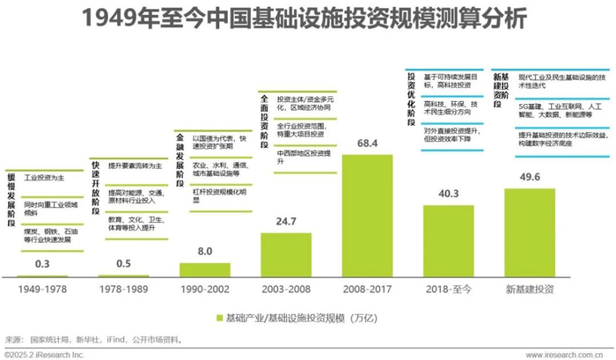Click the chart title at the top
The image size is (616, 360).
click(x=307, y=19)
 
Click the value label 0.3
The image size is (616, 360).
click(x=41, y=264)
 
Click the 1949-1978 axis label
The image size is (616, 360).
click(x=41, y=289)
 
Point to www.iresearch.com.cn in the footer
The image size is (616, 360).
click(x=565, y=354)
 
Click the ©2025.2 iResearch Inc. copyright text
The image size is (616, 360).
click(x=44, y=354)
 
